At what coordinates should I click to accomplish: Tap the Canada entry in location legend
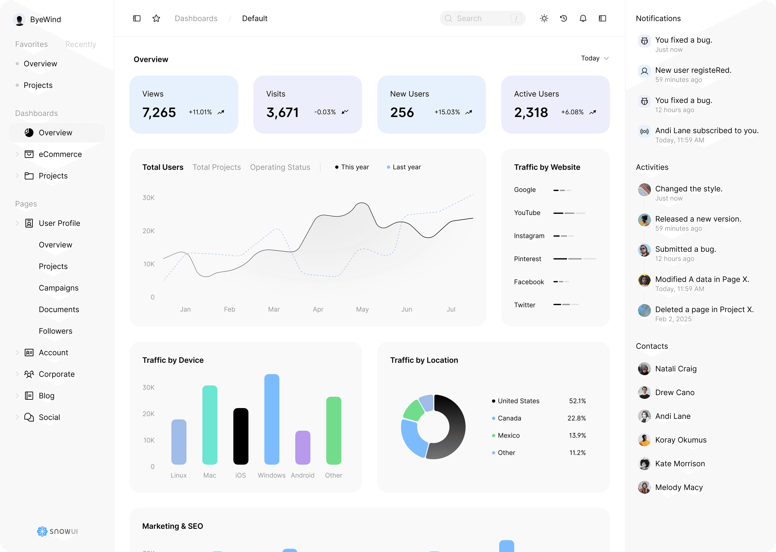click(509, 418)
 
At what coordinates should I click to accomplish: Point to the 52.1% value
click(577, 401)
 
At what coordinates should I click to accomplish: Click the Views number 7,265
click(159, 113)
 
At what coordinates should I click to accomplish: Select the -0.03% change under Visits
click(325, 112)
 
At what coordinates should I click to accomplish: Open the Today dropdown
click(594, 58)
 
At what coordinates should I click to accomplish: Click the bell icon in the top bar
click(583, 18)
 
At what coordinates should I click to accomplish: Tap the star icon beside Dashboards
click(156, 18)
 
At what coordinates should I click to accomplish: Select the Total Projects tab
click(216, 167)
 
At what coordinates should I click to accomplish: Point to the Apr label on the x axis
click(318, 309)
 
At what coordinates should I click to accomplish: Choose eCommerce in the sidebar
click(60, 154)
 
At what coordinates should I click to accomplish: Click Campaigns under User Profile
click(58, 288)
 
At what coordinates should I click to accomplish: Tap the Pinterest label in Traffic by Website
click(527, 259)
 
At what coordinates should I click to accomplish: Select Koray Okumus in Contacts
click(681, 440)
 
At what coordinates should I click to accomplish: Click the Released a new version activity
click(698, 219)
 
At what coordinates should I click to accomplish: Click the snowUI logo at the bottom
click(57, 531)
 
